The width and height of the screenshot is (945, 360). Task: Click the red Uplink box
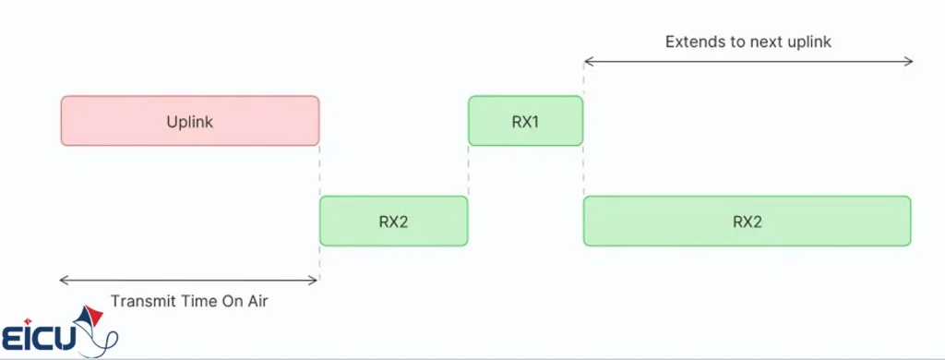(190, 121)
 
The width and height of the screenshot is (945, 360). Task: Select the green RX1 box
(525, 121)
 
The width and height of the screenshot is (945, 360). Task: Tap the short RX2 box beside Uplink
(393, 222)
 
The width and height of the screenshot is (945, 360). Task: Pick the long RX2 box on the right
(747, 222)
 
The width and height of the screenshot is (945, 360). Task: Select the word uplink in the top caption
(810, 42)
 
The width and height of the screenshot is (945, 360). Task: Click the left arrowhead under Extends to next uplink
(588, 62)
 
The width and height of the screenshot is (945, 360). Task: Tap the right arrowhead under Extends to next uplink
(909, 62)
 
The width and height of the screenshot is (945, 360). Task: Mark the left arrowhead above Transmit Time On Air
(64, 279)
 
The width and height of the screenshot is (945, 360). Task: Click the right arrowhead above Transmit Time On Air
(315, 279)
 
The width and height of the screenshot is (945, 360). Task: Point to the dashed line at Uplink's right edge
(319, 171)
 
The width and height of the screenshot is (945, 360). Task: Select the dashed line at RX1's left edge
(469, 171)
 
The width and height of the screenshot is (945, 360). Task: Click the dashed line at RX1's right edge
(583, 171)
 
